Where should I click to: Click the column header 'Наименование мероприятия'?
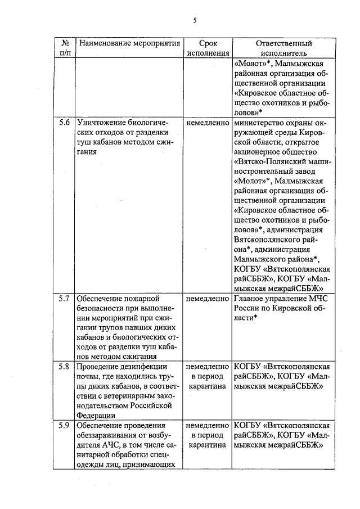pyautogui.click(x=129, y=43)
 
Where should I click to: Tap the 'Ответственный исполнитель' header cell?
pyautogui.click(x=283, y=48)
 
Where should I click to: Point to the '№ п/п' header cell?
pyautogui.click(x=65, y=48)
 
